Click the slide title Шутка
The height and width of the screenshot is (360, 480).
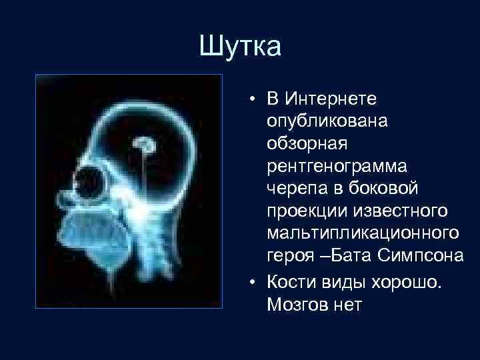coord(241,47)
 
